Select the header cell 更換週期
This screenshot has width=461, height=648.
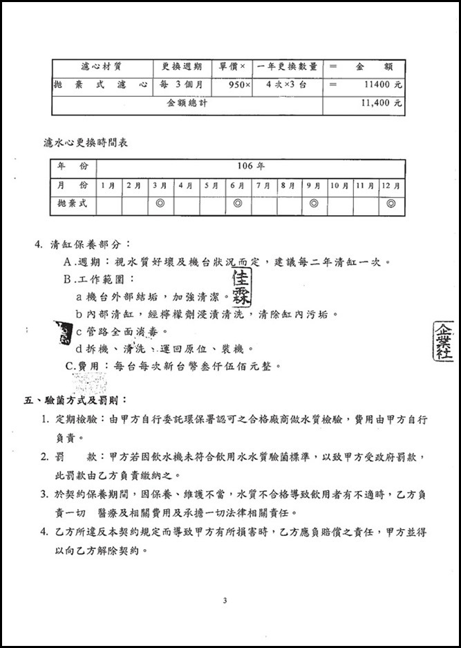(182, 67)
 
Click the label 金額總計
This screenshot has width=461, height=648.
(187, 103)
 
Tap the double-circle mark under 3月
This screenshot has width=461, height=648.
(160, 204)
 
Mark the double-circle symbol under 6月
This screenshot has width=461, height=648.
(237, 204)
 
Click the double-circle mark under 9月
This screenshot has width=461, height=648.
(314, 204)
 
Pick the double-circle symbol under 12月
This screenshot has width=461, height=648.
(391, 204)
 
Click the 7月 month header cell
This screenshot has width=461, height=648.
(263, 185)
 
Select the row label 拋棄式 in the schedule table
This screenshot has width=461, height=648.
(73, 204)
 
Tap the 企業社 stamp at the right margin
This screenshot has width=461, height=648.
(443, 342)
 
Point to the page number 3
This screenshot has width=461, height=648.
(225, 600)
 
